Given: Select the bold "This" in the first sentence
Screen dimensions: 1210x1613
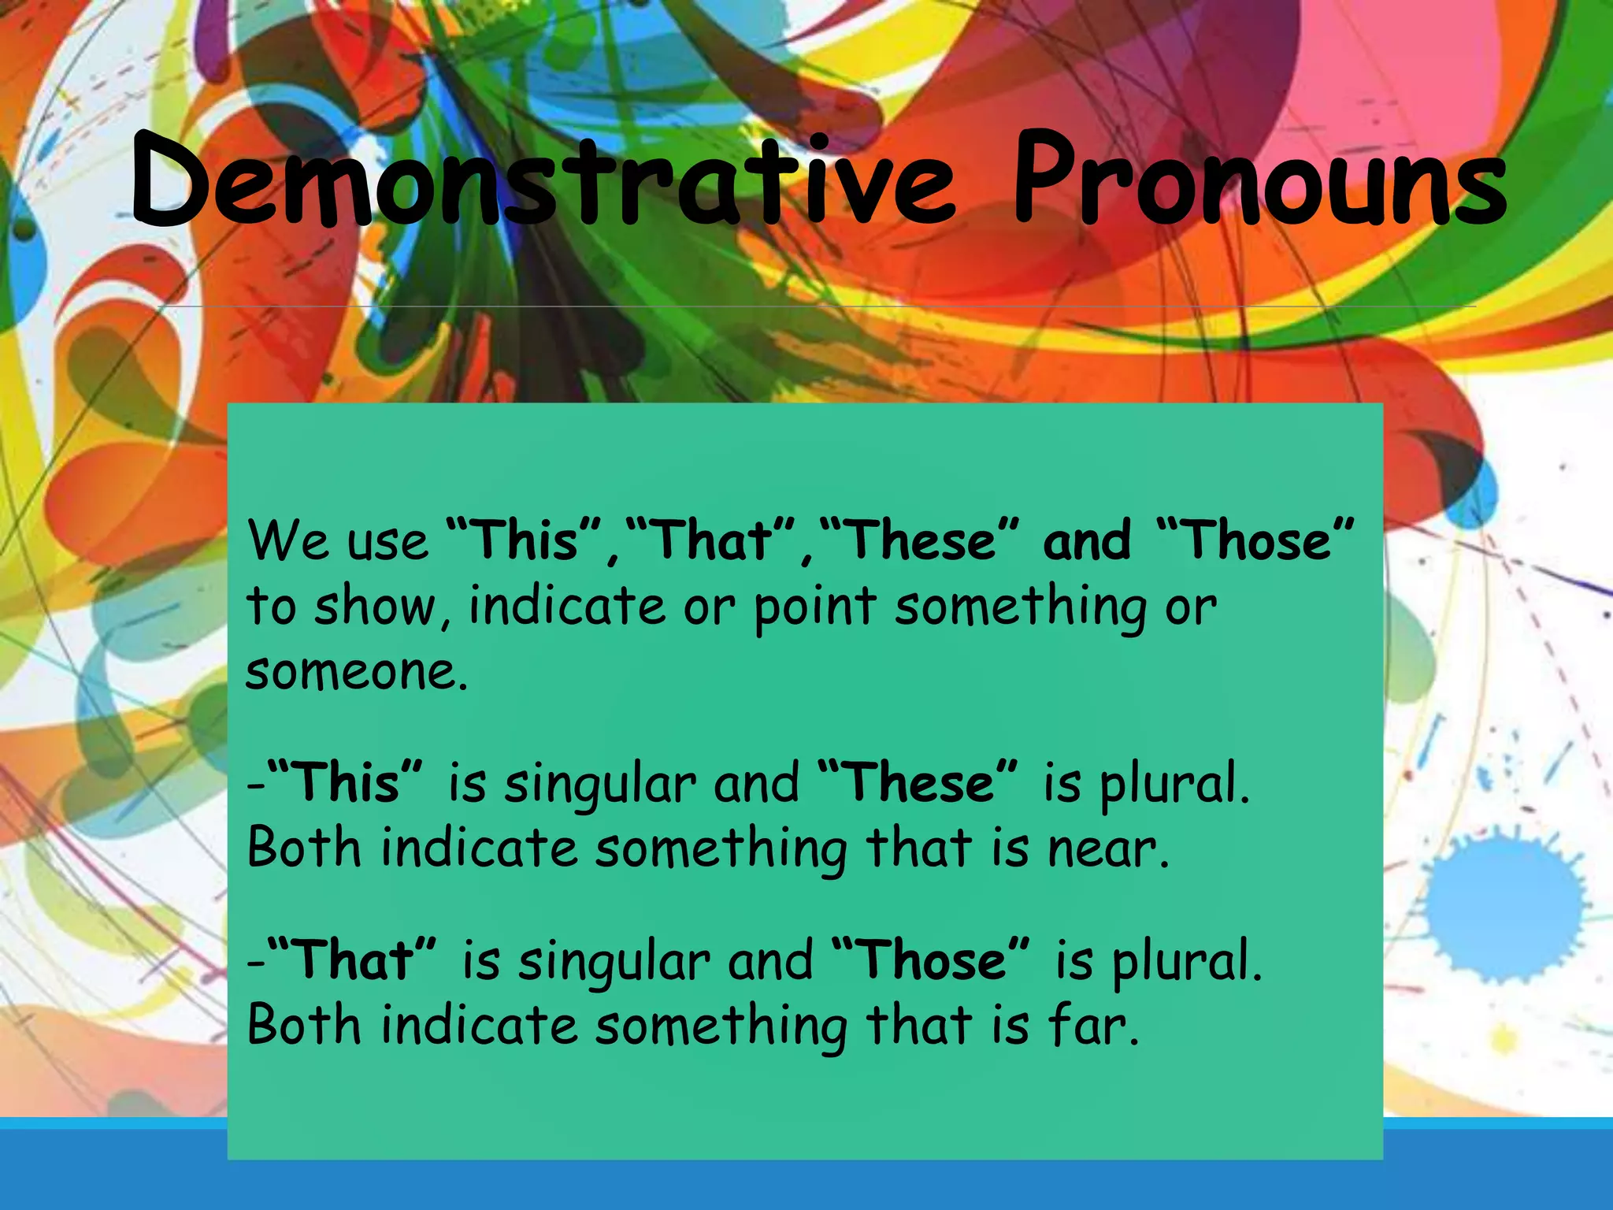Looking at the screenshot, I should (x=525, y=541).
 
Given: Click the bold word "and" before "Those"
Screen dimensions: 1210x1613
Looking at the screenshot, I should (x=1087, y=541).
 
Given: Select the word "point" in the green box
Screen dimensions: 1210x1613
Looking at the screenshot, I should (x=815, y=608).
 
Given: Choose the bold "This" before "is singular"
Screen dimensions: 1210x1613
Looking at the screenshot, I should (x=347, y=783).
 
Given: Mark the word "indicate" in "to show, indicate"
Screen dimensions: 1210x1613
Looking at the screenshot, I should (x=567, y=607).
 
